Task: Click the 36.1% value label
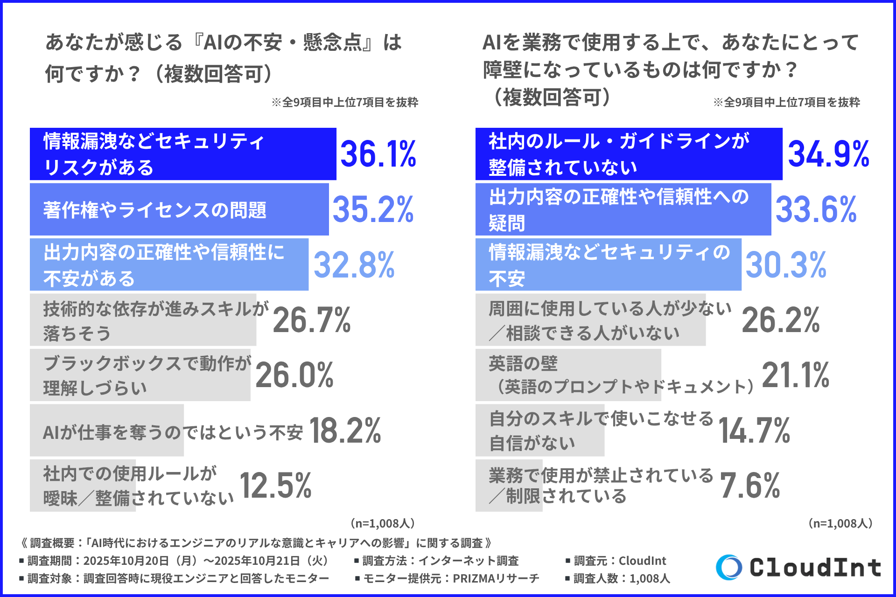378,154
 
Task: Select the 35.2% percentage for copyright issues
373,209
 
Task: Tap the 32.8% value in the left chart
354,265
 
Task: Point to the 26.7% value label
312,320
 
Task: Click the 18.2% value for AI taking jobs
345,430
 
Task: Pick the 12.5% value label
275,486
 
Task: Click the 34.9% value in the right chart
828,154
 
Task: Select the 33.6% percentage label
816,209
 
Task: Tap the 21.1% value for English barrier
796,375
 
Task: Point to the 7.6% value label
750,486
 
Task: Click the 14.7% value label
754,430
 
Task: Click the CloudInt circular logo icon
729,567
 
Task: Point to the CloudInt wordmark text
815,568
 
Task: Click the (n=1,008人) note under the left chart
383,523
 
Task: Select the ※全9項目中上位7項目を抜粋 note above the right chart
786,102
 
